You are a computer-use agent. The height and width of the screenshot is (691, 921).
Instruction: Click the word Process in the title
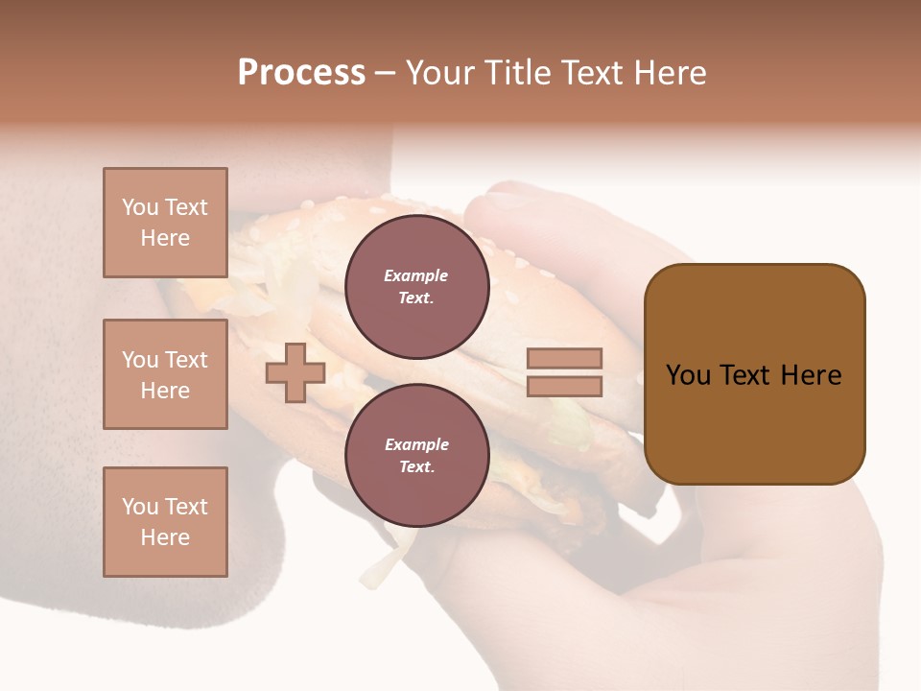[x=301, y=73]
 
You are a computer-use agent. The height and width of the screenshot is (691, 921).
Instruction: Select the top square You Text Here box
[x=165, y=223]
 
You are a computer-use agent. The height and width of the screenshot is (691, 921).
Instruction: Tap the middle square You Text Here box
[x=165, y=374]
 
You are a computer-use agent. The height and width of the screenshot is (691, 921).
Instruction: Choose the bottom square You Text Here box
[x=165, y=522]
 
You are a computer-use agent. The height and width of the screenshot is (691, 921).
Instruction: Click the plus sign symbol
[x=295, y=373]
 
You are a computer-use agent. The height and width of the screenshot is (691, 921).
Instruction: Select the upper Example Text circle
[x=416, y=286]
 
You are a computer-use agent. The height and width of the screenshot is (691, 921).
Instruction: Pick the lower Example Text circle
[x=416, y=455]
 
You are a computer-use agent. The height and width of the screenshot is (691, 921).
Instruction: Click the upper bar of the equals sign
[x=564, y=359]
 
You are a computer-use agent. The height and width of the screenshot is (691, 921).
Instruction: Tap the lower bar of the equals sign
[x=564, y=387]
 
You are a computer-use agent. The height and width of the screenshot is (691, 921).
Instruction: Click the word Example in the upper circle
[x=416, y=275]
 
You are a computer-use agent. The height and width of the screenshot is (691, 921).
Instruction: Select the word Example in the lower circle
[x=416, y=444]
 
